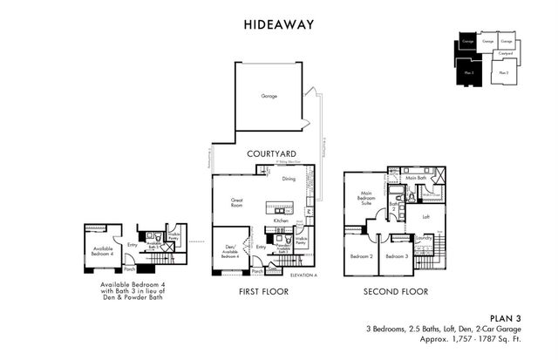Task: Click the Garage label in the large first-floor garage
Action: click(x=269, y=95)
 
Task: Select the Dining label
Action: click(x=289, y=179)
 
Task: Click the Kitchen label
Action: click(x=280, y=221)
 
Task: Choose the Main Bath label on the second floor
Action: click(x=415, y=179)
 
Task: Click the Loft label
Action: click(x=425, y=217)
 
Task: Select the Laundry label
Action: click(x=425, y=237)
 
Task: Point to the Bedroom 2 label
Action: click(x=361, y=256)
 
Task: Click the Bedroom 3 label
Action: click(x=397, y=256)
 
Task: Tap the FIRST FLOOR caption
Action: click(x=263, y=292)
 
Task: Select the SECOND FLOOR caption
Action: click(x=397, y=292)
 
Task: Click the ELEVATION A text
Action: click(x=303, y=275)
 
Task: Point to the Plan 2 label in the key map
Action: click(x=503, y=72)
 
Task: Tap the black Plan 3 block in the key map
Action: click(x=469, y=72)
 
